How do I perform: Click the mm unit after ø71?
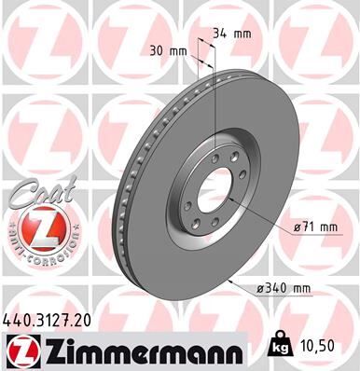pyautogui.click(x=329, y=227)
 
